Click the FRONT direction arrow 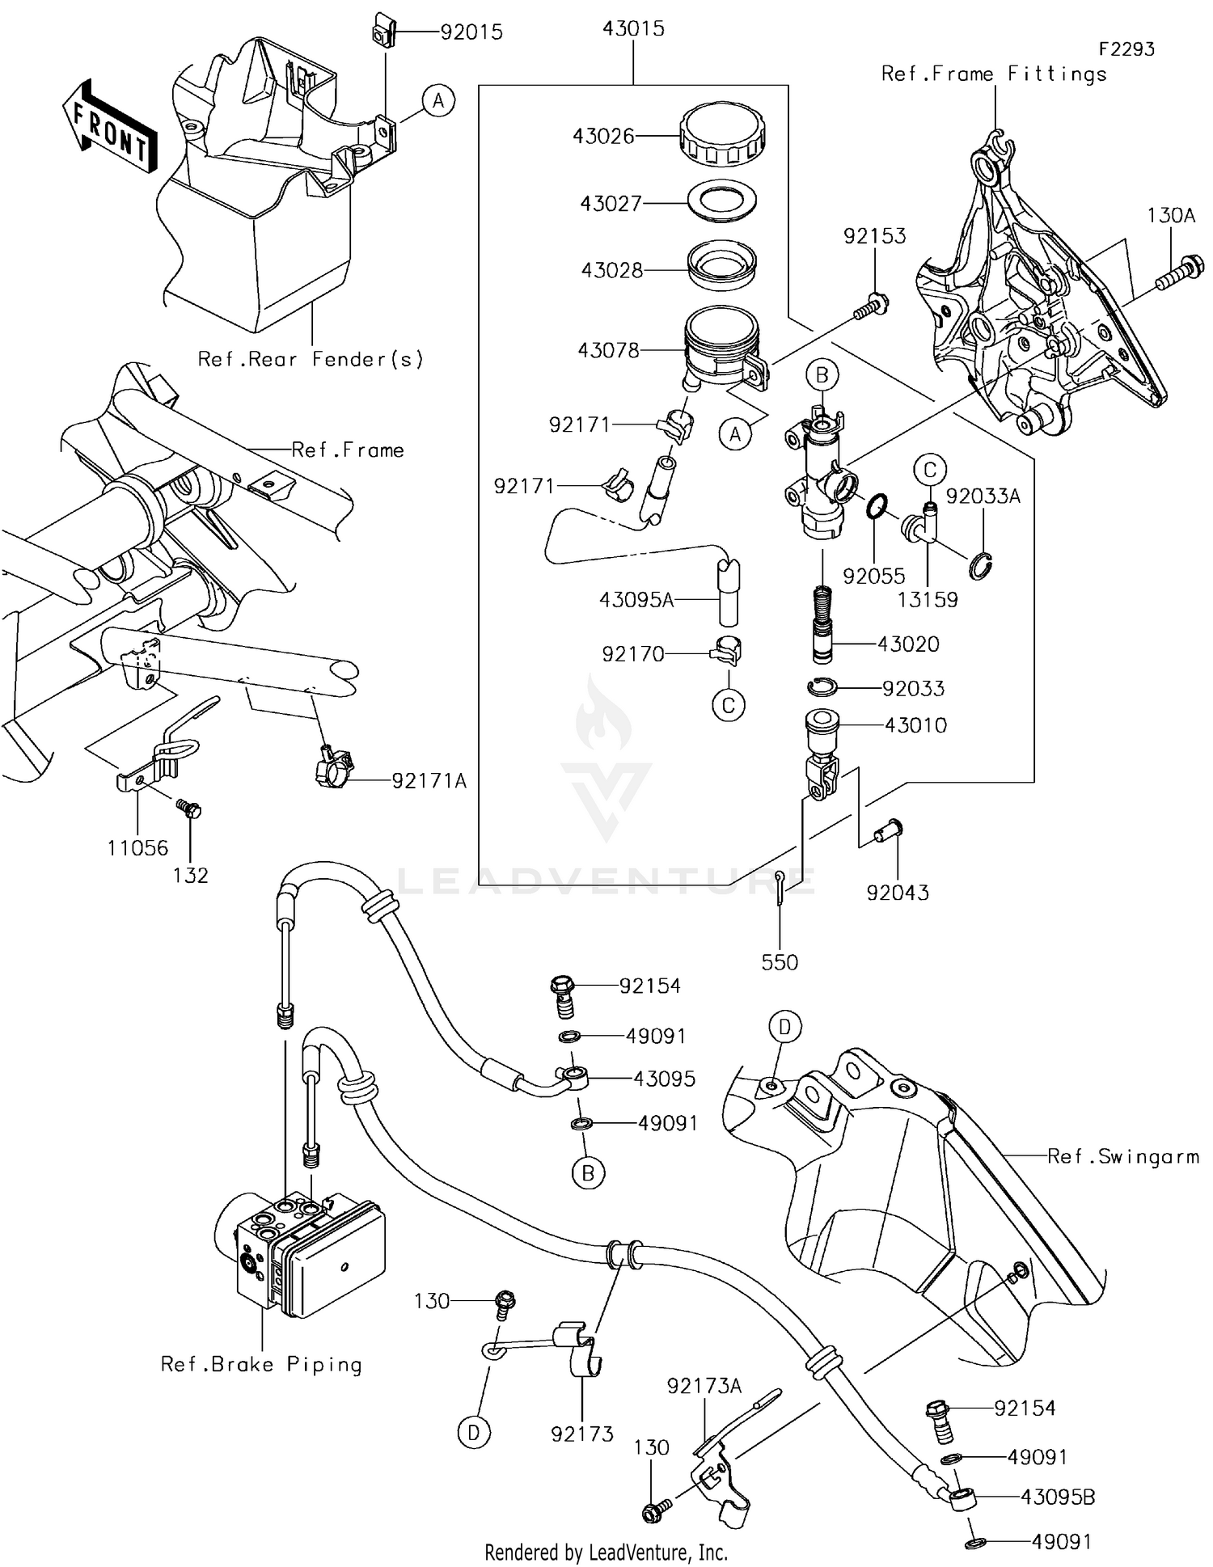[x=109, y=127]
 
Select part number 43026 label [x=603, y=136]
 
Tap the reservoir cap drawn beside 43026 [x=722, y=133]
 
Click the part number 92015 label [x=471, y=32]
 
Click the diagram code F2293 [x=1126, y=49]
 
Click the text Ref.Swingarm [x=1122, y=1156]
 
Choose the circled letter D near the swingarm [x=784, y=1027]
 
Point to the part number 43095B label [x=1057, y=1497]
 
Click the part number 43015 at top [x=633, y=28]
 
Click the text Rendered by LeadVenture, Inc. [x=606, y=1552]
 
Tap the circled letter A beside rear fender [x=438, y=101]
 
